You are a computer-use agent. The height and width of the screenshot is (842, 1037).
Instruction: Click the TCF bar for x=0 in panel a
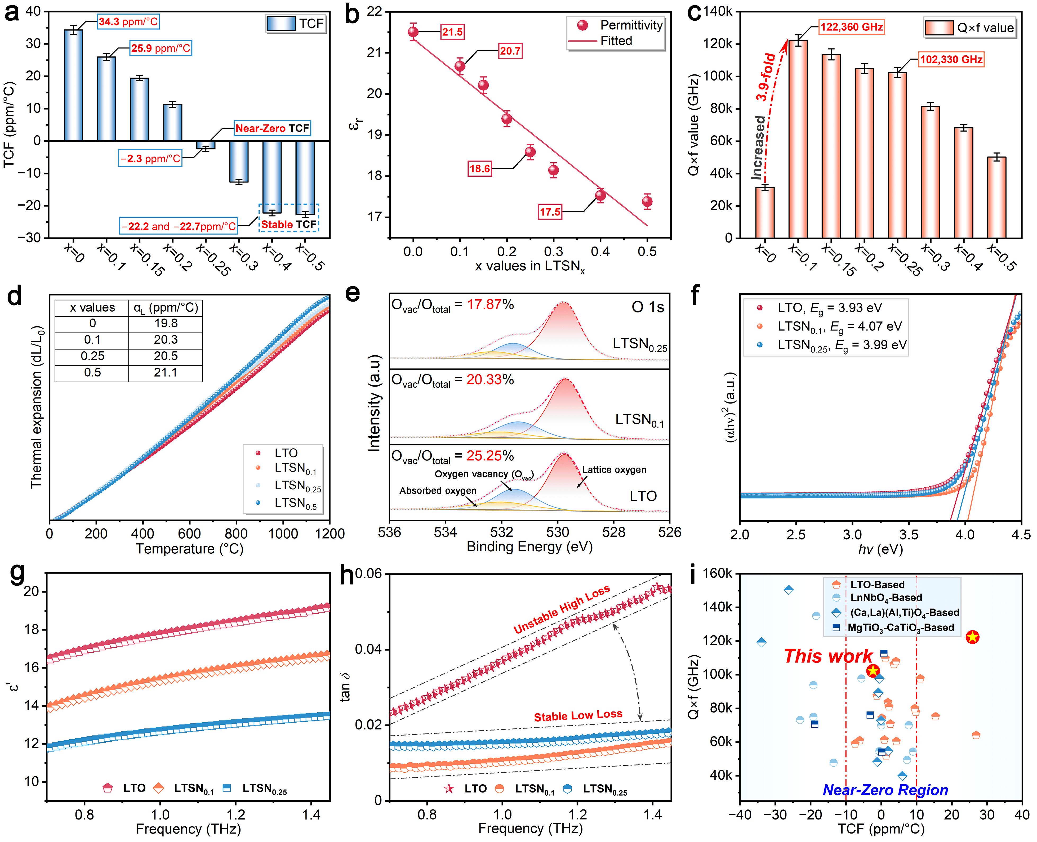click(73, 85)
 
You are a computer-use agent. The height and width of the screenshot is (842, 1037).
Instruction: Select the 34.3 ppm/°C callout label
click(128, 22)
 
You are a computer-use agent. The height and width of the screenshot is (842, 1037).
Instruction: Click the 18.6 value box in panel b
click(479, 169)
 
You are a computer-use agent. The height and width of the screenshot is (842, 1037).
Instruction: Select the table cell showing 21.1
click(166, 373)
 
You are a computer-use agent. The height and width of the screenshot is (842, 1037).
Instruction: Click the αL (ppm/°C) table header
click(166, 307)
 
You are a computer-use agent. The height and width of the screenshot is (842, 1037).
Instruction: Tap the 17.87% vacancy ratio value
click(490, 304)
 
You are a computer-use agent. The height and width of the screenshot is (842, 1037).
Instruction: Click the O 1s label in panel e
click(647, 307)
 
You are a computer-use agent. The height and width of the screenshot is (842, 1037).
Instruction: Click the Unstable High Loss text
click(562, 610)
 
